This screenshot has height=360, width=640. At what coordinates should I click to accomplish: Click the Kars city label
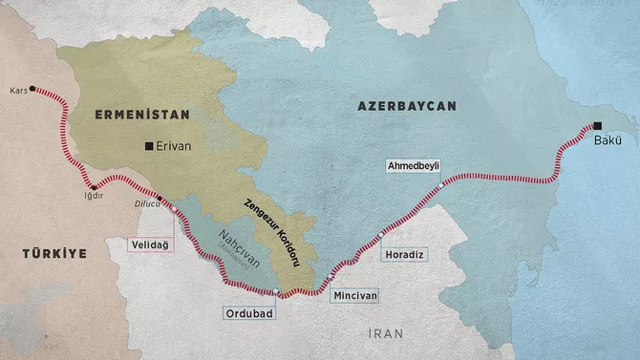[x=16, y=92]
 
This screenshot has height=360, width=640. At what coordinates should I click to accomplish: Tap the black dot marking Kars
[x=33, y=89]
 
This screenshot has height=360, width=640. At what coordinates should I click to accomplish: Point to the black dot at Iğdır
[x=93, y=187]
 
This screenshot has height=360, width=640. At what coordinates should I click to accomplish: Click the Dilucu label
[x=143, y=203]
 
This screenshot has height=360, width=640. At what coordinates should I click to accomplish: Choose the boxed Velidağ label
[x=151, y=245]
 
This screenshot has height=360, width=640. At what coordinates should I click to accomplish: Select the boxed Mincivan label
[x=355, y=296]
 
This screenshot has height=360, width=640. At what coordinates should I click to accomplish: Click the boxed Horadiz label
[x=401, y=255]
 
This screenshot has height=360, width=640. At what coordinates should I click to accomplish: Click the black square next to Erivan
[x=148, y=146]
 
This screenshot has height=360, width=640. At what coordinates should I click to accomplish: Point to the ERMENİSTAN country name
[x=142, y=114]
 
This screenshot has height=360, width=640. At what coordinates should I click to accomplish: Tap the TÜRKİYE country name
[x=55, y=253]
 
